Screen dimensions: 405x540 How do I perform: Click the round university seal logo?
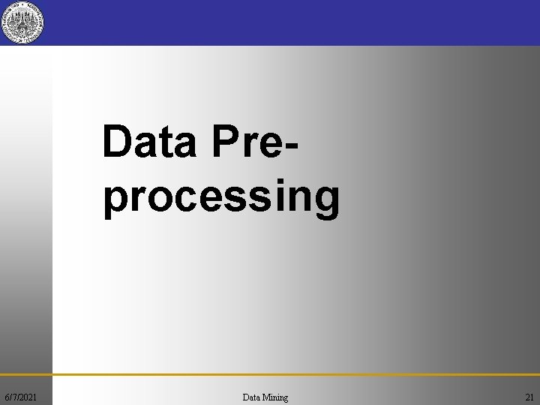click(22, 22)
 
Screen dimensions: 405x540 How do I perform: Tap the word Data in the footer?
click(252, 397)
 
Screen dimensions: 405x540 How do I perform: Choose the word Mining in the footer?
click(275, 397)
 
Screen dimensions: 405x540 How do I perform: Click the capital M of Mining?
click(267, 397)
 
